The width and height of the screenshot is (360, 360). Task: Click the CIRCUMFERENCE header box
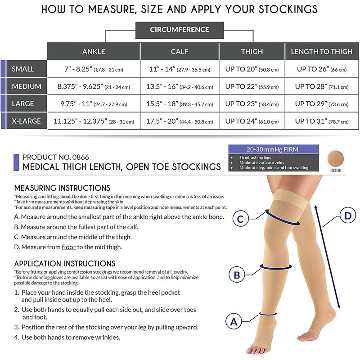pos(179,30)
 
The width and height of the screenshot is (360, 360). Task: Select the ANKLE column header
pos(94,51)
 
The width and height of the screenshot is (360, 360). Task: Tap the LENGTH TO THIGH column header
pos(322,51)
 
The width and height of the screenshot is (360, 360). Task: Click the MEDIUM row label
pos(27,86)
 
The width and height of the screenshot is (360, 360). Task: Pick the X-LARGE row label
pos(27,121)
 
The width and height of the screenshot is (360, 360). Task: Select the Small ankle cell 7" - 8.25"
pos(94,69)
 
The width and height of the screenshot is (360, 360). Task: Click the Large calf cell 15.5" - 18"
pos(180,104)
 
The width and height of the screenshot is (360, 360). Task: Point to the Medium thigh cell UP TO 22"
pos(252,86)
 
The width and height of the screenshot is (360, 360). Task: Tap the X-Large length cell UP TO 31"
pos(322,121)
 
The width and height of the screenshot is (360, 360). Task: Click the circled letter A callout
pos(234,322)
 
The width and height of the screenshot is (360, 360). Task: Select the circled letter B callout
pos(237,275)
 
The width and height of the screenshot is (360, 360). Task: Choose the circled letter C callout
pos(240,219)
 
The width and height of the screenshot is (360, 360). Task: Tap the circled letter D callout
pos(348,216)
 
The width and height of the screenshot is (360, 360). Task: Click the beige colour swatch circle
pos(335,158)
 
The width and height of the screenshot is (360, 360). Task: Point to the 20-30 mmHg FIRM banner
pos(274,149)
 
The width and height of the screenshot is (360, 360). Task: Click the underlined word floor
pos(69,247)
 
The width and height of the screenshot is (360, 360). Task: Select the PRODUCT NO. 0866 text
pos(56,157)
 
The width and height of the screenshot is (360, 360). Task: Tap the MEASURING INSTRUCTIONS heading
pos(62,188)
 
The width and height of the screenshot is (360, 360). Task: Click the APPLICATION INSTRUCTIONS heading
pos(65,263)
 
